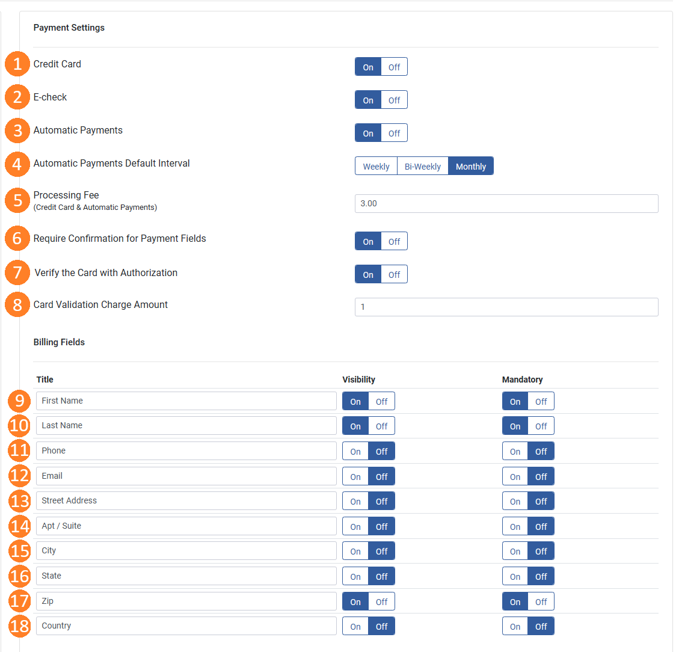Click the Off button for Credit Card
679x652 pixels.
point(394,67)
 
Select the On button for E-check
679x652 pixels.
point(368,100)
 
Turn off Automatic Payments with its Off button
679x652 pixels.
point(394,134)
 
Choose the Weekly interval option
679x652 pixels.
point(376,166)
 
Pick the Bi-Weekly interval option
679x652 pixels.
point(423,166)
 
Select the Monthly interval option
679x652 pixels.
point(471,166)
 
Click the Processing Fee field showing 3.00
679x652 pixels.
point(506,203)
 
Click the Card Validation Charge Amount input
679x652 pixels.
point(506,307)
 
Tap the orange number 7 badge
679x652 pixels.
point(17,272)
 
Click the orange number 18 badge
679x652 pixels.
point(19,626)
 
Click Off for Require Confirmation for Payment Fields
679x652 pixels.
point(394,242)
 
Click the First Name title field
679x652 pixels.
point(186,401)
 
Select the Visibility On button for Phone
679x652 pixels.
point(355,452)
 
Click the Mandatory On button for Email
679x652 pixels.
point(515,476)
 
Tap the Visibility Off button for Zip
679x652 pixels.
point(381,602)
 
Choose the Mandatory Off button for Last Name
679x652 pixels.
point(541,426)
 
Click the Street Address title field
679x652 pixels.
point(186,500)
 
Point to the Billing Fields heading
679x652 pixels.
point(60,342)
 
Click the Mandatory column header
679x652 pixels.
point(522,380)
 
